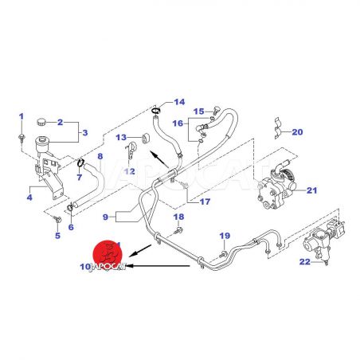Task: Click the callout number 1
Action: pyautogui.click(x=22, y=116)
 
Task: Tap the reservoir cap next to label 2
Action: pyautogui.click(x=41, y=122)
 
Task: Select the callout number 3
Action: pyautogui.click(x=85, y=132)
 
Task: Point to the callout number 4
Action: pyautogui.click(x=29, y=198)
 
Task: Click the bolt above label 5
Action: pyautogui.click(x=57, y=219)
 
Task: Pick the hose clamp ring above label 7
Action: pyautogui.click(x=80, y=162)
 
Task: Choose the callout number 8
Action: pyautogui.click(x=100, y=156)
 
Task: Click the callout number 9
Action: pyautogui.click(x=105, y=217)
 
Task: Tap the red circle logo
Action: pyautogui.click(x=108, y=254)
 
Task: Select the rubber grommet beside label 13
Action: pyautogui.click(x=146, y=139)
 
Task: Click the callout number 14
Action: pyautogui.click(x=179, y=102)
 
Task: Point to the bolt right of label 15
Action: pyautogui.click(x=215, y=110)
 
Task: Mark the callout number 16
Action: pyautogui.click(x=178, y=123)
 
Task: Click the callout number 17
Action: pyautogui.click(x=205, y=202)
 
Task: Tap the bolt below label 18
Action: pyautogui.click(x=179, y=230)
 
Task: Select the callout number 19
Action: pyautogui.click(x=225, y=236)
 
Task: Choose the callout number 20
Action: pyautogui.click(x=297, y=132)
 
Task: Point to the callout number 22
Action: pyautogui.click(x=305, y=262)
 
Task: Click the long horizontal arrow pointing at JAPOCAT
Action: pyautogui.click(x=158, y=265)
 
